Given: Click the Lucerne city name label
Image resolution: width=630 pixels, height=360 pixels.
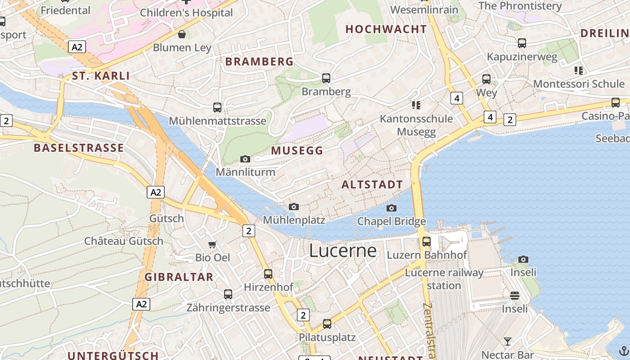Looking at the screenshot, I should [x=343, y=251].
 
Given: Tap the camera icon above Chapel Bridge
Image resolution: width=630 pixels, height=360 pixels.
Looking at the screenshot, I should [x=391, y=208].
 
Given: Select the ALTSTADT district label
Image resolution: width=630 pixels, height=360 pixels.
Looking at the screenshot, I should [x=372, y=184].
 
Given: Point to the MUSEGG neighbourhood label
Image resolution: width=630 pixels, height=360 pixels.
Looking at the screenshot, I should [x=297, y=151].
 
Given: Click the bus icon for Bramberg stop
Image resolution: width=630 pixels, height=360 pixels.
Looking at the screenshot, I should [x=326, y=78].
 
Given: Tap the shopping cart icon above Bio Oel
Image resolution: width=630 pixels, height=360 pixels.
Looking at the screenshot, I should [x=212, y=244].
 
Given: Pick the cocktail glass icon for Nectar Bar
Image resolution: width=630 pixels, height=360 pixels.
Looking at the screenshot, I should [x=508, y=342].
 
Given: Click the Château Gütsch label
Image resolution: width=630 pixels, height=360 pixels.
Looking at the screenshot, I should [x=124, y=241].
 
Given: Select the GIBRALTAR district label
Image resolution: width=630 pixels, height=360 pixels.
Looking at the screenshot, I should [x=179, y=277].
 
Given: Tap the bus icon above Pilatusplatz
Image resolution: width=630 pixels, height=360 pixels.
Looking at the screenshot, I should [x=327, y=324].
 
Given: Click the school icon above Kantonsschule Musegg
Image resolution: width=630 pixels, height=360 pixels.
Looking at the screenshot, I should [x=416, y=105].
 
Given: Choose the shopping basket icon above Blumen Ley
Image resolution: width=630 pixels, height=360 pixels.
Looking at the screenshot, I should [x=182, y=34].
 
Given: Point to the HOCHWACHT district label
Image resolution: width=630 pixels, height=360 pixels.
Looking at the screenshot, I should [x=386, y=29].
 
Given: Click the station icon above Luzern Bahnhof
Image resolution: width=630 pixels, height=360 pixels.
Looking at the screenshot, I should [x=427, y=242].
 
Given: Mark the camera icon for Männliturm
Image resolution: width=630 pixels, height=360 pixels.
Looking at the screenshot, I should [x=245, y=159].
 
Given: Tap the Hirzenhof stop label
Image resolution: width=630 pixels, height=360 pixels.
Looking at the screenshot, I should [x=268, y=287].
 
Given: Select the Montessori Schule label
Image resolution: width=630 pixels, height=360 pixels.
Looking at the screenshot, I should [x=579, y=84].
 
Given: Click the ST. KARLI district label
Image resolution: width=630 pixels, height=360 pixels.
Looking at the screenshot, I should [x=101, y=76].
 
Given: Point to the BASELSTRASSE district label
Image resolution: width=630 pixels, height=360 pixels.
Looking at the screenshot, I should [x=79, y=148].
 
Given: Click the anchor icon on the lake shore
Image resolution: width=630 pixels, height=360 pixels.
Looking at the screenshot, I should [x=623, y=351].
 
